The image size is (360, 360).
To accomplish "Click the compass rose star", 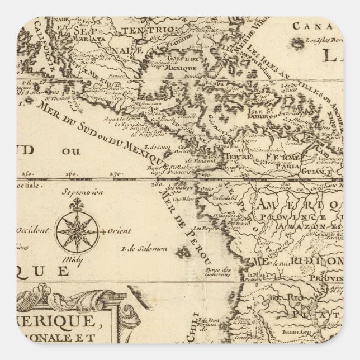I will pos(78,231).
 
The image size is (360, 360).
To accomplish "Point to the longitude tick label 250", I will pos(29,173).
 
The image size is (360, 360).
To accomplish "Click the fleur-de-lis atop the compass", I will pos(77,206).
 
